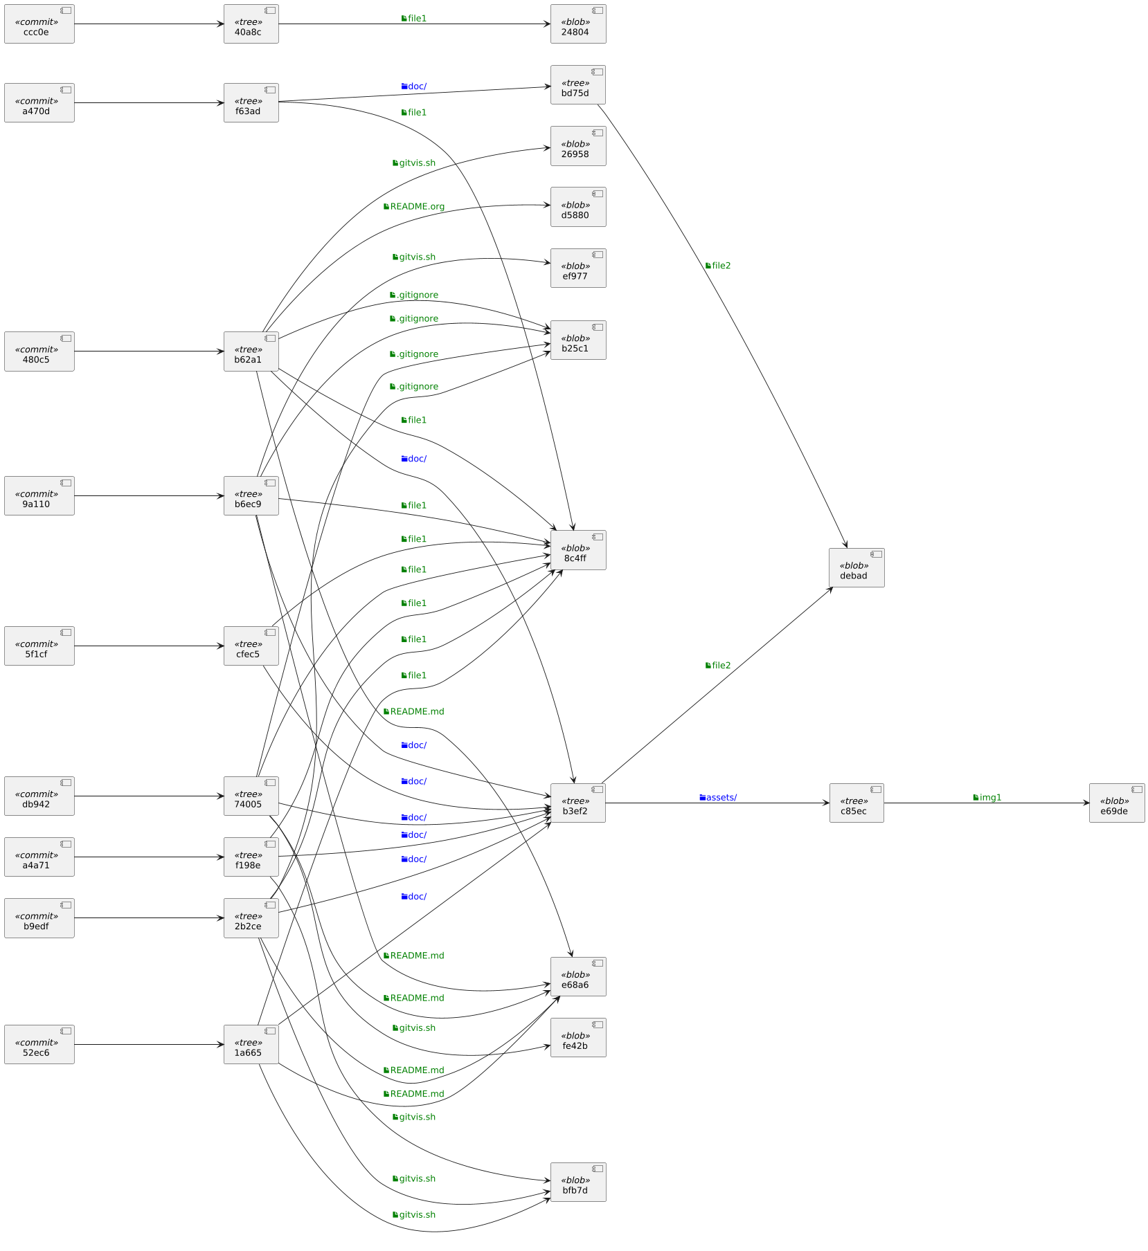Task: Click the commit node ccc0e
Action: click(x=39, y=24)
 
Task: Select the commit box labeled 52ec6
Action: click(x=39, y=1044)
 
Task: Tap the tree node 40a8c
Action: click(x=251, y=24)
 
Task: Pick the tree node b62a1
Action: click(x=251, y=351)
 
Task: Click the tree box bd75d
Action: click(x=578, y=85)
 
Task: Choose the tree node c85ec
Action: click(x=856, y=803)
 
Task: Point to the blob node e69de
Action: click(x=1116, y=803)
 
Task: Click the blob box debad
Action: click(x=856, y=568)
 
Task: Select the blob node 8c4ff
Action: click(x=578, y=550)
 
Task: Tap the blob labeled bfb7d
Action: click(x=578, y=1182)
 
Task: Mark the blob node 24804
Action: click(x=578, y=24)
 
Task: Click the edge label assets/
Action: click(x=718, y=798)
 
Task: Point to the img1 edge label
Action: click(x=987, y=798)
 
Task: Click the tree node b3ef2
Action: click(x=578, y=803)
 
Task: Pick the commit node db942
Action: click(x=39, y=796)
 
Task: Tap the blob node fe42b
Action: click(x=578, y=1037)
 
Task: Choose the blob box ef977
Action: click(x=578, y=268)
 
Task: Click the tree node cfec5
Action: click(x=251, y=646)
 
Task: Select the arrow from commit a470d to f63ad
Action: click(x=149, y=103)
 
